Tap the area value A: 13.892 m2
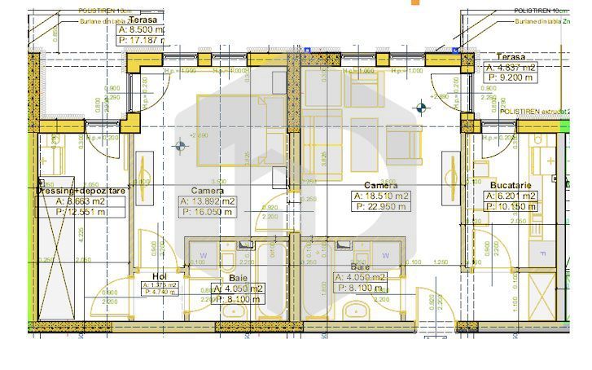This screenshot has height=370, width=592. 208,200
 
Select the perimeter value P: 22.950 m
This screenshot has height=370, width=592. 381,207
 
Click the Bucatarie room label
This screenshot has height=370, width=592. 511,186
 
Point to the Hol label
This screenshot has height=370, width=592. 160,275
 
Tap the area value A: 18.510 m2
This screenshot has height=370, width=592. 381,196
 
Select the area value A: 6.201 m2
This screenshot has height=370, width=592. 511,196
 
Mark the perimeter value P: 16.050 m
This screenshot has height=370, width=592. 208,212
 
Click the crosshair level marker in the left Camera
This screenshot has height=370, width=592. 180,147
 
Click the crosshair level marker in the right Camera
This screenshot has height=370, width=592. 421,107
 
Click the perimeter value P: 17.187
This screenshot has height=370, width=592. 142,38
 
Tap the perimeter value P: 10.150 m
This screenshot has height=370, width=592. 511,207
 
